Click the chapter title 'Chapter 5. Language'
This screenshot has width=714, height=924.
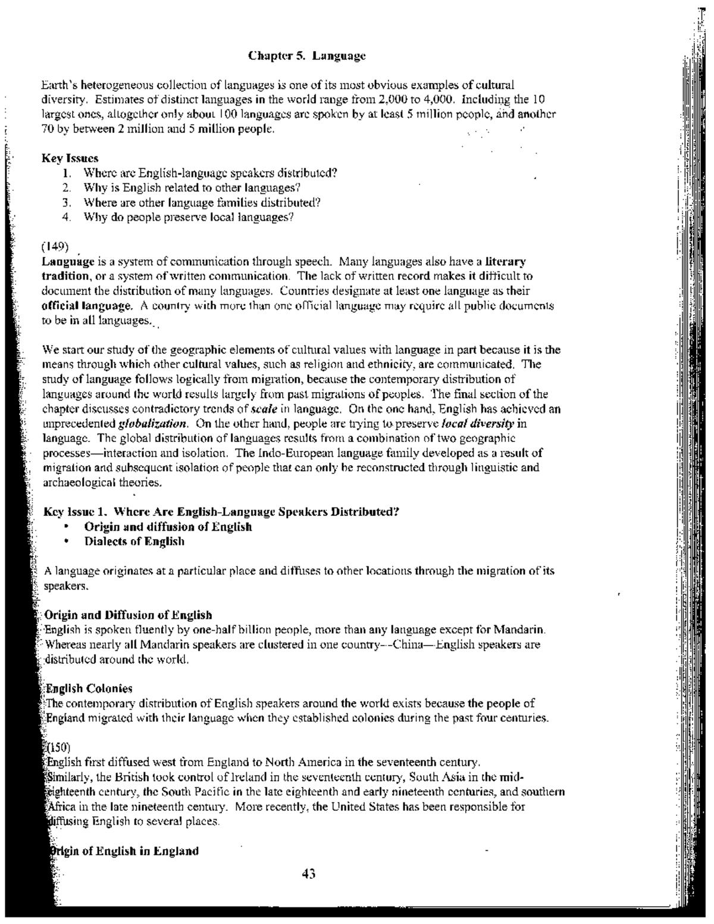click(306, 57)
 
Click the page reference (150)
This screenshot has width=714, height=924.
click(58, 747)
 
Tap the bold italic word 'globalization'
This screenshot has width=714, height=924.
click(154, 424)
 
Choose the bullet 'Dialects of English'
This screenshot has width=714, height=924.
click(134, 541)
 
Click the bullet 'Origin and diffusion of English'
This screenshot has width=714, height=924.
click(168, 527)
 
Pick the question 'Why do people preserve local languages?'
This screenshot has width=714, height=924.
click(189, 217)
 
